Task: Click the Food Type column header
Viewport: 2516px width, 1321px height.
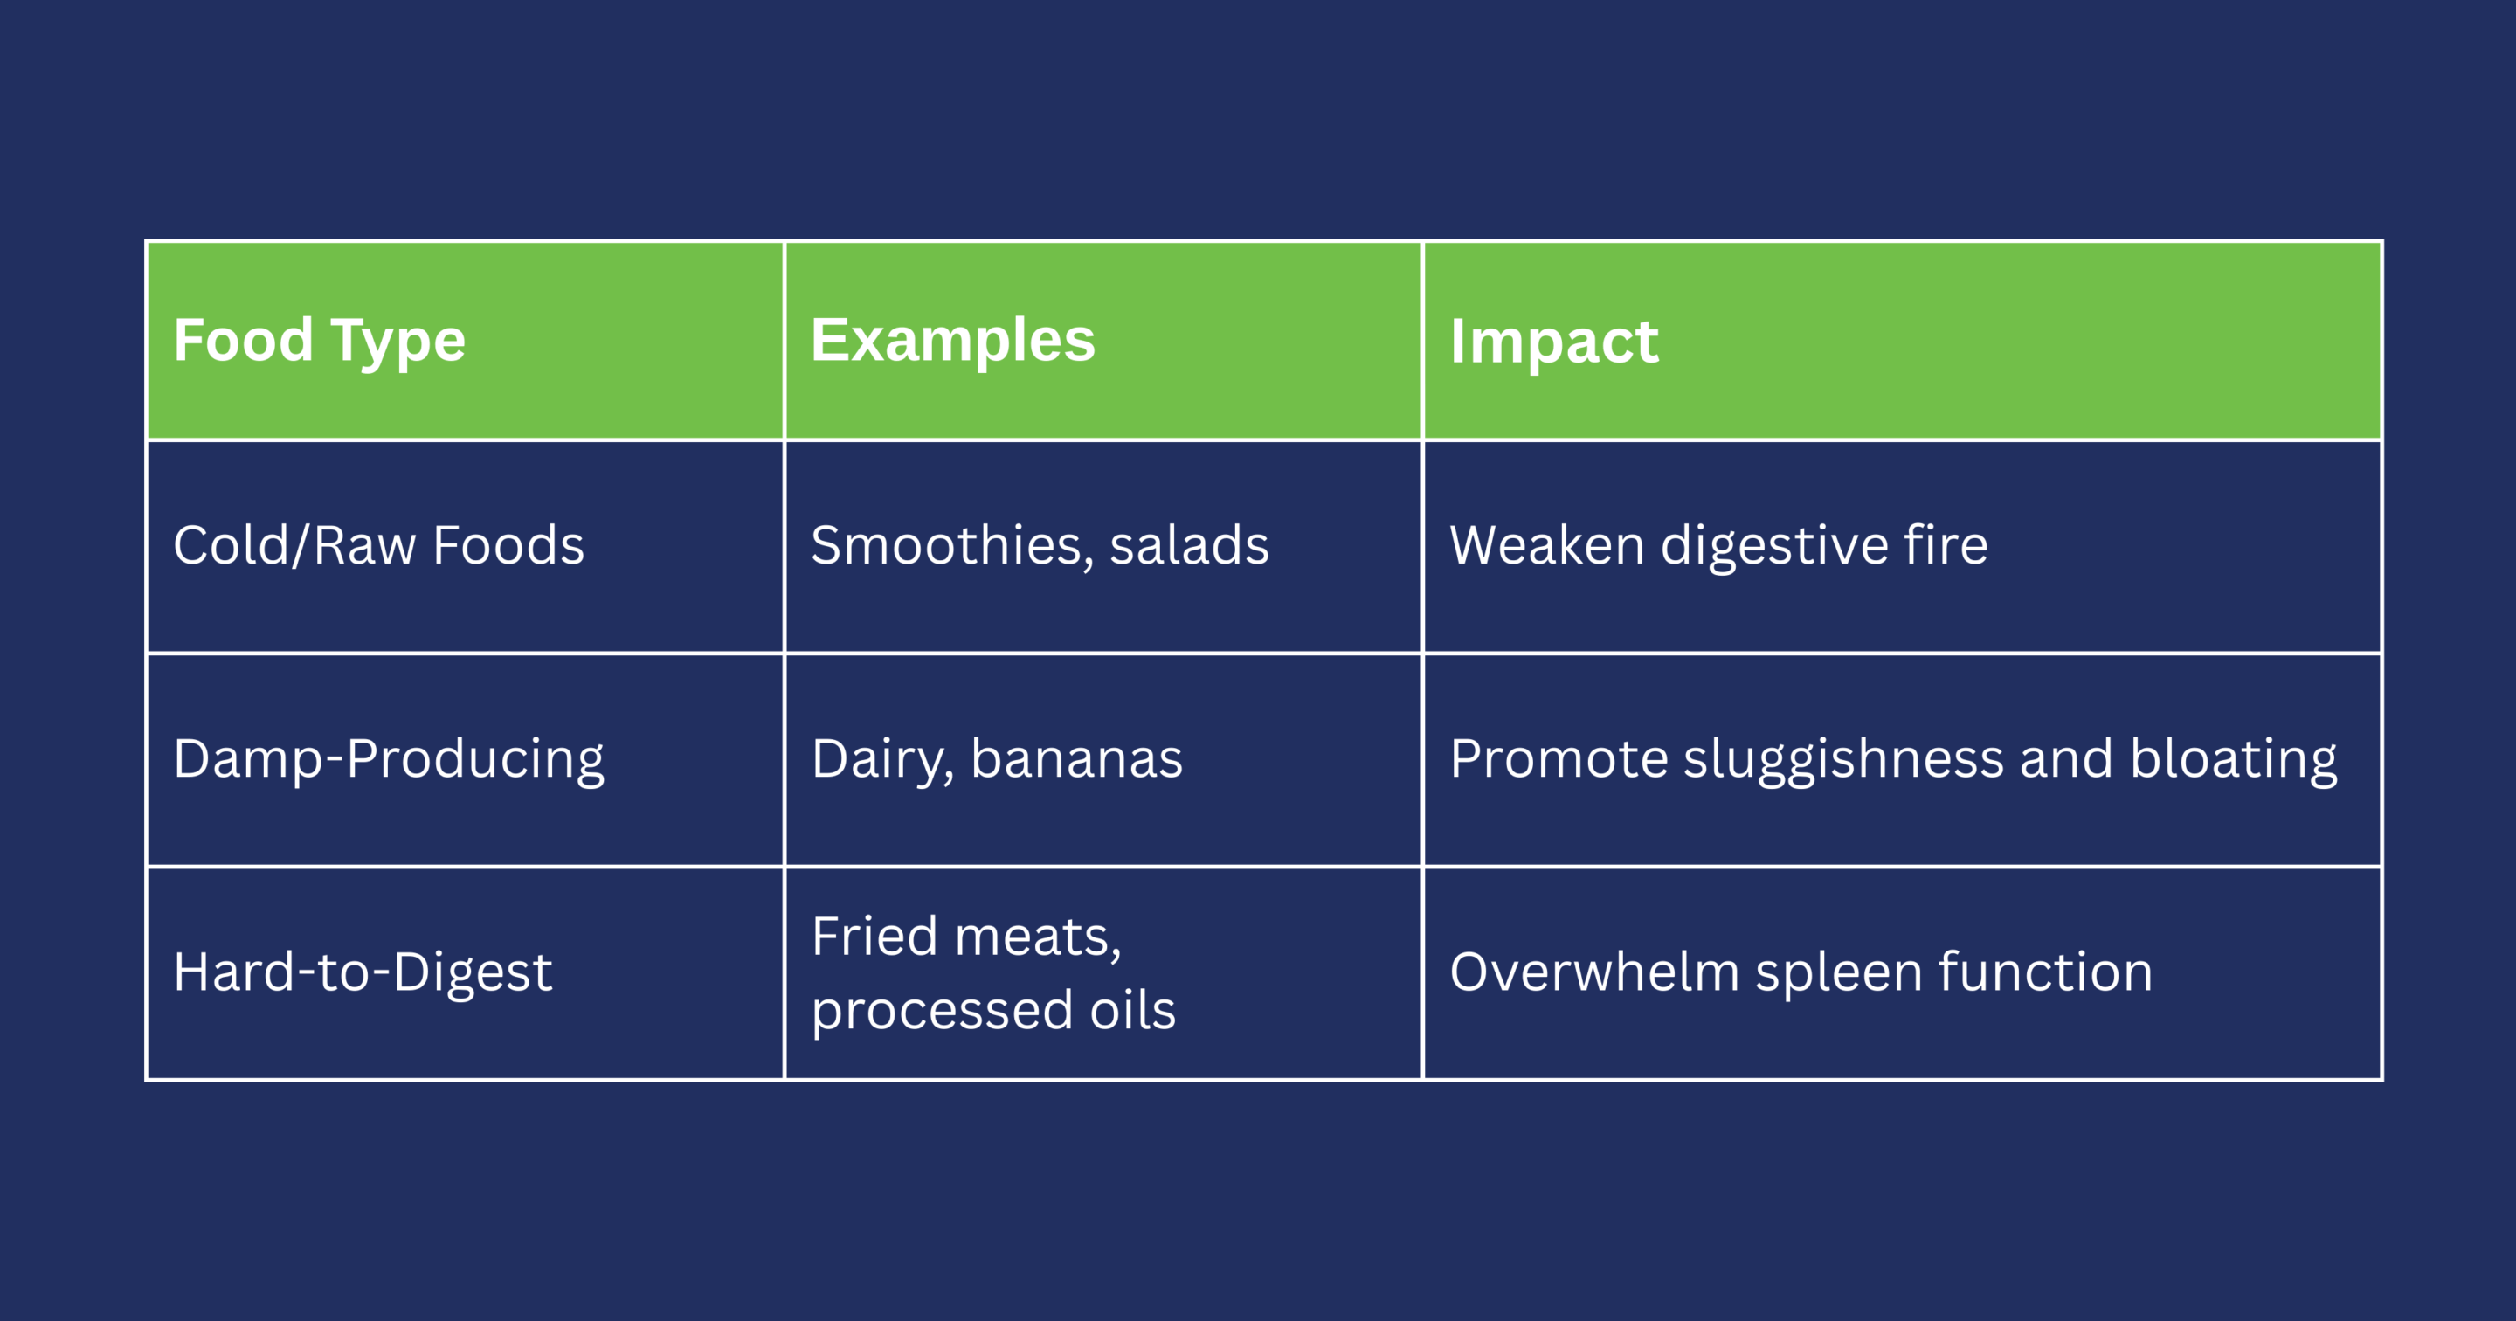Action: (x=320, y=341)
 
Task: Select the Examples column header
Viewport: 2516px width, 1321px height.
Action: (x=953, y=341)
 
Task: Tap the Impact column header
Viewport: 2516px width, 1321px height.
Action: (x=1554, y=342)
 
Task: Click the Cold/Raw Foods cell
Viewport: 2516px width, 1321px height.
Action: (x=379, y=544)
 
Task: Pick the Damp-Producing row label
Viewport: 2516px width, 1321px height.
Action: (x=389, y=760)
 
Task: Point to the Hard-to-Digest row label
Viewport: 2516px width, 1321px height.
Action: (x=363, y=973)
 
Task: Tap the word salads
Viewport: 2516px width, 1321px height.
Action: (x=1190, y=544)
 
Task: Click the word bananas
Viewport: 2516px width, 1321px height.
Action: (x=1077, y=759)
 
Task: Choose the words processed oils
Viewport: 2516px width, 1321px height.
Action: (x=994, y=1011)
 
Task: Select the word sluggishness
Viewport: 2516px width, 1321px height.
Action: (x=1844, y=760)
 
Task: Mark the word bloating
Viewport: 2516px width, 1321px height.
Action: (x=2234, y=760)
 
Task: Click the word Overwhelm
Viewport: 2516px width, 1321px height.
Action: (x=1595, y=972)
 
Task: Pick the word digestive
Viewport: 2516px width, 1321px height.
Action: (x=1774, y=546)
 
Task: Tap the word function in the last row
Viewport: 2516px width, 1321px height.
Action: (x=2046, y=972)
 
